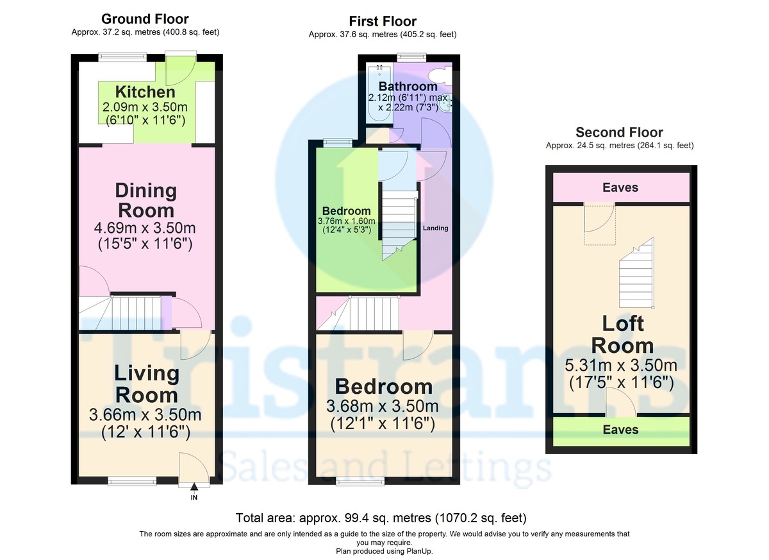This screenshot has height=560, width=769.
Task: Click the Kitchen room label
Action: pyautogui.click(x=145, y=92)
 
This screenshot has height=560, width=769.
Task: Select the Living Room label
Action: pyautogui.click(x=146, y=384)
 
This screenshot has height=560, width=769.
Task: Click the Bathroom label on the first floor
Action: pyautogui.click(x=408, y=86)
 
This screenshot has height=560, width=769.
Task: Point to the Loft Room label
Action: pyautogui.click(x=622, y=335)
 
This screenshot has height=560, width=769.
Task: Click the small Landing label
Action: pyautogui.click(x=436, y=228)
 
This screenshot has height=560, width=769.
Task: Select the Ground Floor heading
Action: pyautogui.click(x=145, y=19)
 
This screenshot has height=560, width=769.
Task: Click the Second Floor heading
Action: pyautogui.click(x=619, y=133)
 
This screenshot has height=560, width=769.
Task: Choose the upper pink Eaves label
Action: pyautogui.click(x=620, y=187)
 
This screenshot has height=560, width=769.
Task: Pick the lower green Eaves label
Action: pyautogui.click(x=620, y=429)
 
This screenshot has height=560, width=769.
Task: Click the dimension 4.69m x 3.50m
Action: pyautogui.click(x=145, y=228)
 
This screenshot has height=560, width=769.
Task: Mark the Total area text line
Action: pyautogui.click(x=381, y=518)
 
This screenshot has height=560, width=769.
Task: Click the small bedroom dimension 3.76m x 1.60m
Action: pyautogui.click(x=346, y=221)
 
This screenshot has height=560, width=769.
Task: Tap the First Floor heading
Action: pyautogui.click(x=383, y=22)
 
